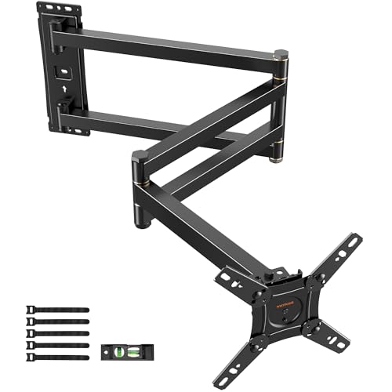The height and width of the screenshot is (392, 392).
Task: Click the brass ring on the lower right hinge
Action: [x=275, y=159]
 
